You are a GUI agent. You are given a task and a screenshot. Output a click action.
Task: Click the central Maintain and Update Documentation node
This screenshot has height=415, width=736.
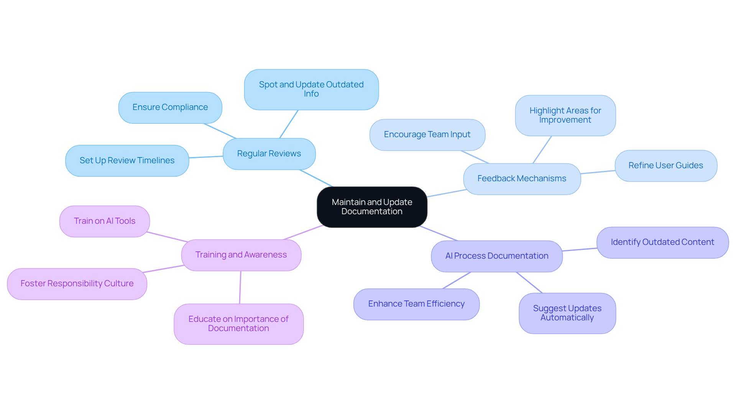coord(372,207)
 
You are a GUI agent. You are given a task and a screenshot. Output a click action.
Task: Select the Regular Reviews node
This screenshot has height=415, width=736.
coord(269,154)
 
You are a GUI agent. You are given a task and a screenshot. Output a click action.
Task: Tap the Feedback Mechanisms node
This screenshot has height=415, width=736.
coord(522,179)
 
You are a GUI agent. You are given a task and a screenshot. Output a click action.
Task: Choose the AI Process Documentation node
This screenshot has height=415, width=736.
coord(497,256)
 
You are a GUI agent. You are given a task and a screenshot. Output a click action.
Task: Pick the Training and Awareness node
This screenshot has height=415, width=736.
coord(241,255)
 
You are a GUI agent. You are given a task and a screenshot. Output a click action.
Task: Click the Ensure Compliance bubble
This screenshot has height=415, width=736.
coord(170,107)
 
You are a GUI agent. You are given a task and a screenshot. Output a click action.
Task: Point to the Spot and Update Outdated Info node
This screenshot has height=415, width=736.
coord(311,89)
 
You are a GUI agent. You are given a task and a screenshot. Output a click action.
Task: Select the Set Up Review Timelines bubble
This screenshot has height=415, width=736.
coord(127,161)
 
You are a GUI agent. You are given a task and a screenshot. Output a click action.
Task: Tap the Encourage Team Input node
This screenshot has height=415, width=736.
coord(427,135)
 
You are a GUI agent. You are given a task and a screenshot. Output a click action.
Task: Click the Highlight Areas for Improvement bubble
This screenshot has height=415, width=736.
coord(565,115)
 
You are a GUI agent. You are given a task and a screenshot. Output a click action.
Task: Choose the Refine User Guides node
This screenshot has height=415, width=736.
coord(666,166)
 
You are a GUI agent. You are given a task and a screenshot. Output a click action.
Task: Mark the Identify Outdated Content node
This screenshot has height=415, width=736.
coord(662,242)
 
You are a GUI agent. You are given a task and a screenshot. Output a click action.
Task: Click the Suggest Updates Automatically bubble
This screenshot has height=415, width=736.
coord(567,313)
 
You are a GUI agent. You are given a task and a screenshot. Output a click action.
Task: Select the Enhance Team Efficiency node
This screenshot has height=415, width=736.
coord(416,304)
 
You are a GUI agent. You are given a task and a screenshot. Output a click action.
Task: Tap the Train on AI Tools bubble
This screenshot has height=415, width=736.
coord(105,221)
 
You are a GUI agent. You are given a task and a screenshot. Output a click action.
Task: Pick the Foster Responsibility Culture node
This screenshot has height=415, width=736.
coord(77,284)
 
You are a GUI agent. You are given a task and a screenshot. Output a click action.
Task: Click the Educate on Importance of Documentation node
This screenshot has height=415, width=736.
coord(238,324)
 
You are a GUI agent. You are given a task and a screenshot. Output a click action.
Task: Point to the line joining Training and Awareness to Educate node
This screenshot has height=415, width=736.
coord(240,287)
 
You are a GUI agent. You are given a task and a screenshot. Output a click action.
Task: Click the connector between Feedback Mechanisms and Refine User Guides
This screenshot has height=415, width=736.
coord(598,172)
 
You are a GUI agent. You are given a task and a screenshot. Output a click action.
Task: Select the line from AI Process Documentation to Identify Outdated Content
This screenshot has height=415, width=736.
coord(580,249)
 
